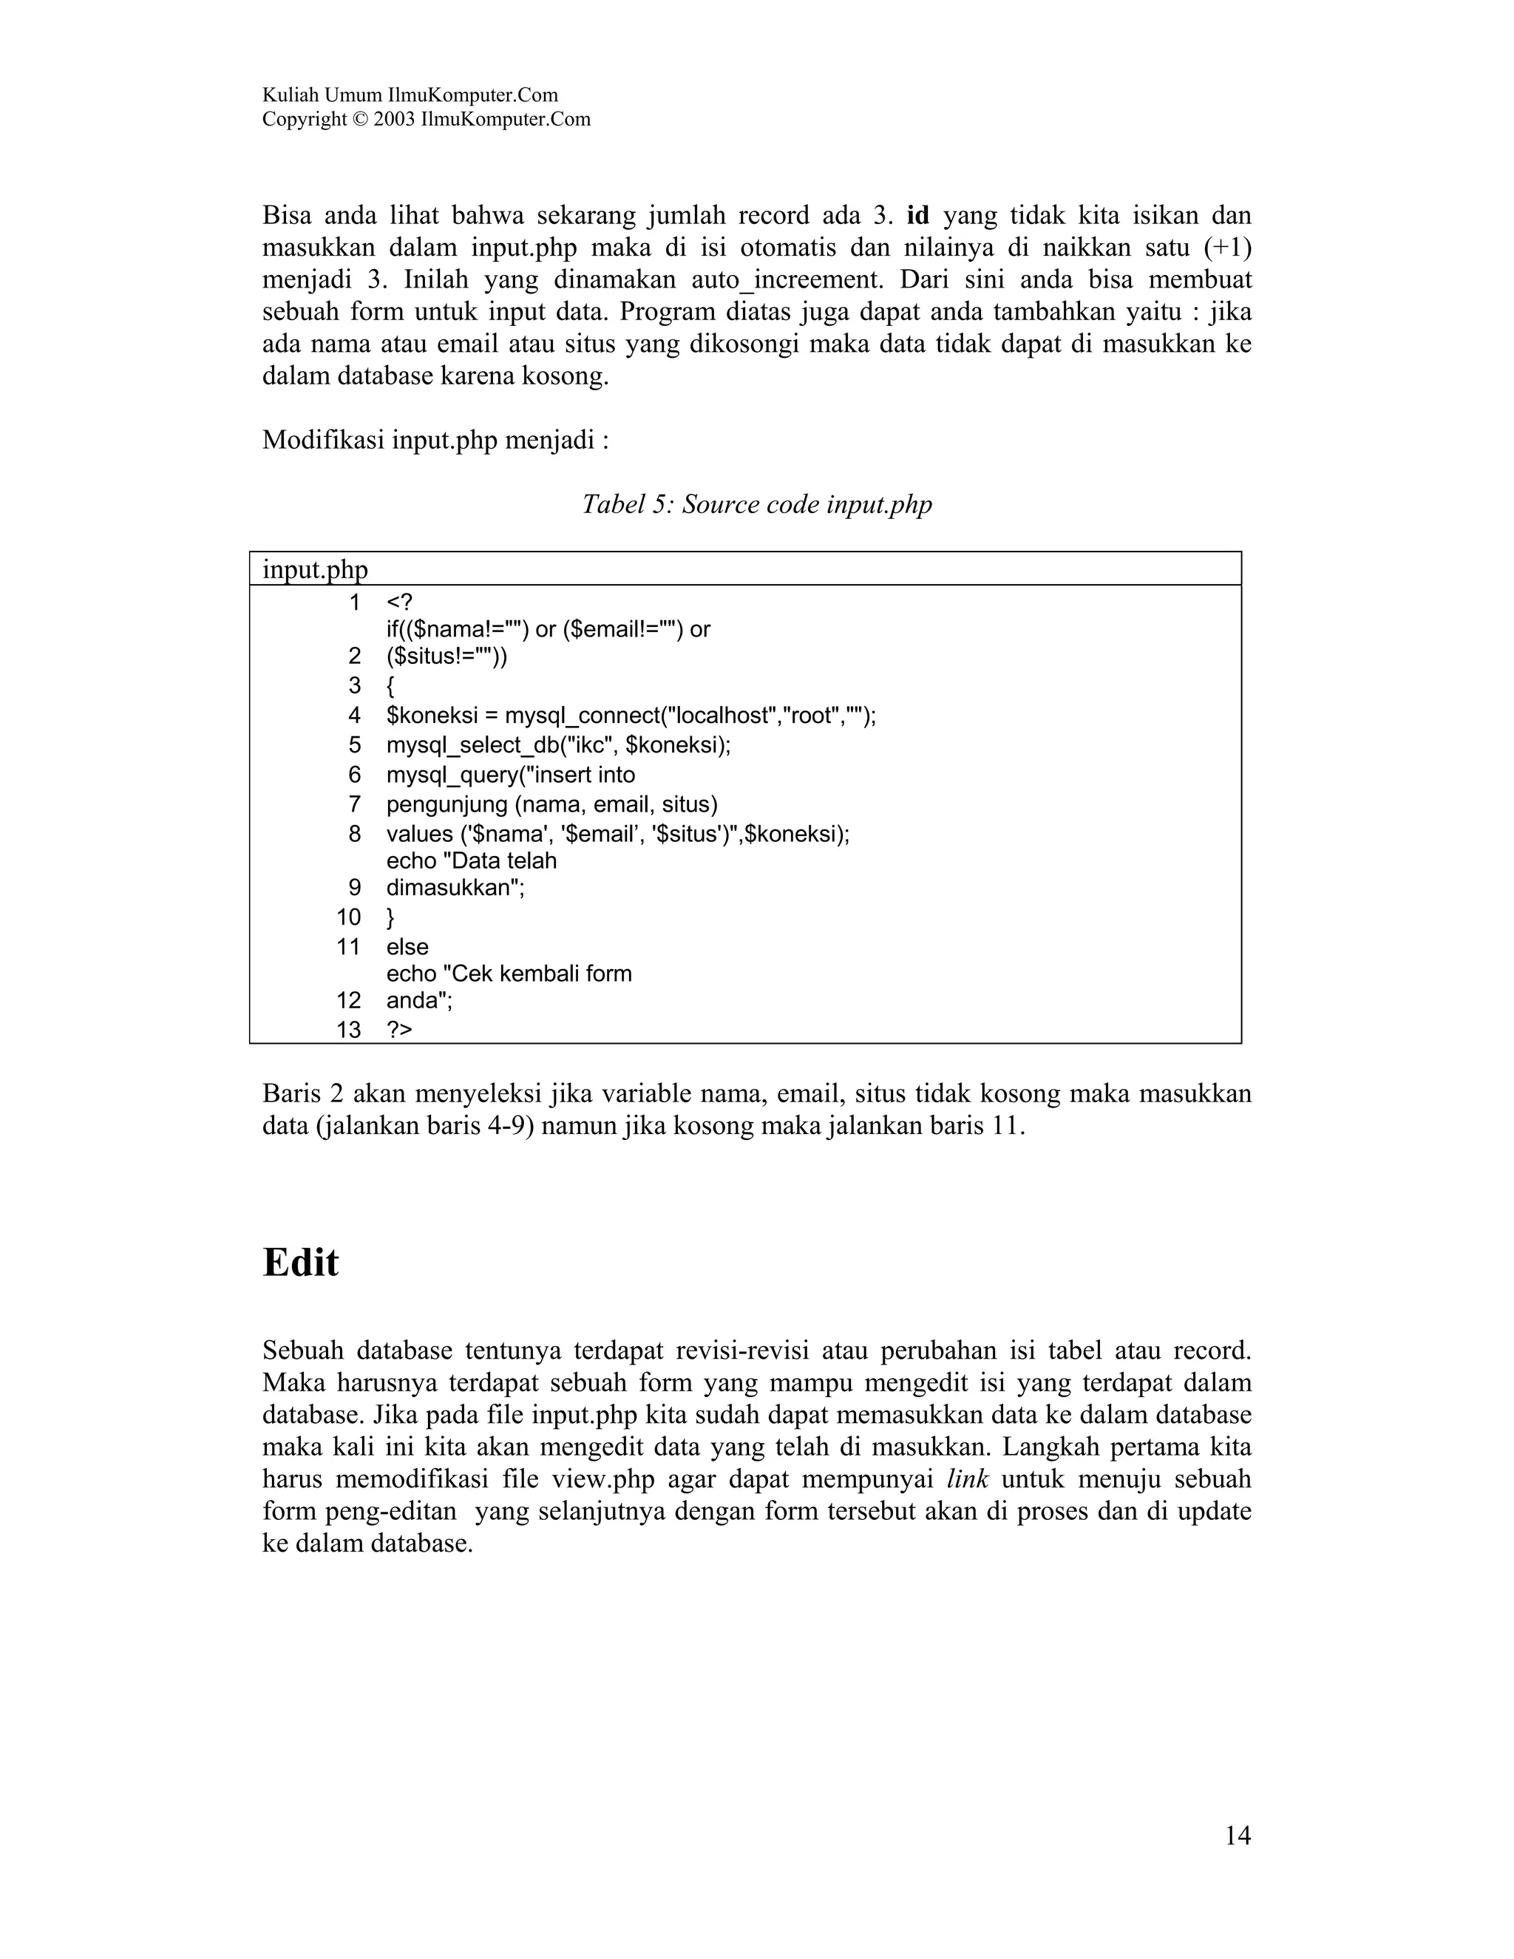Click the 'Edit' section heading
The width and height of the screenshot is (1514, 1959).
(x=300, y=1263)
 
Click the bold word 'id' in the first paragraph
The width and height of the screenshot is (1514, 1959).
(x=918, y=216)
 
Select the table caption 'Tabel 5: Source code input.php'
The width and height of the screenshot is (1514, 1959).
(x=757, y=505)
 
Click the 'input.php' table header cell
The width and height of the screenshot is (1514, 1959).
(x=315, y=569)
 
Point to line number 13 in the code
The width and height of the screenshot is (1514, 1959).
(x=349, y=1030)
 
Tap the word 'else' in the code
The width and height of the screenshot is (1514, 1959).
(x=407, y=947)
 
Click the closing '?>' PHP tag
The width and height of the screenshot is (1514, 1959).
(x=399, y=1030)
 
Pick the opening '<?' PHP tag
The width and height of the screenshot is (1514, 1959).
(x=399, y=602)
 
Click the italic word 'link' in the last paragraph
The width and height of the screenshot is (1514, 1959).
(x=967, y=1479)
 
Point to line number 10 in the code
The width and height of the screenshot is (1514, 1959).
(x=349, y=917)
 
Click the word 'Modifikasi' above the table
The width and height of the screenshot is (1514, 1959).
(x=323, y=441)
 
